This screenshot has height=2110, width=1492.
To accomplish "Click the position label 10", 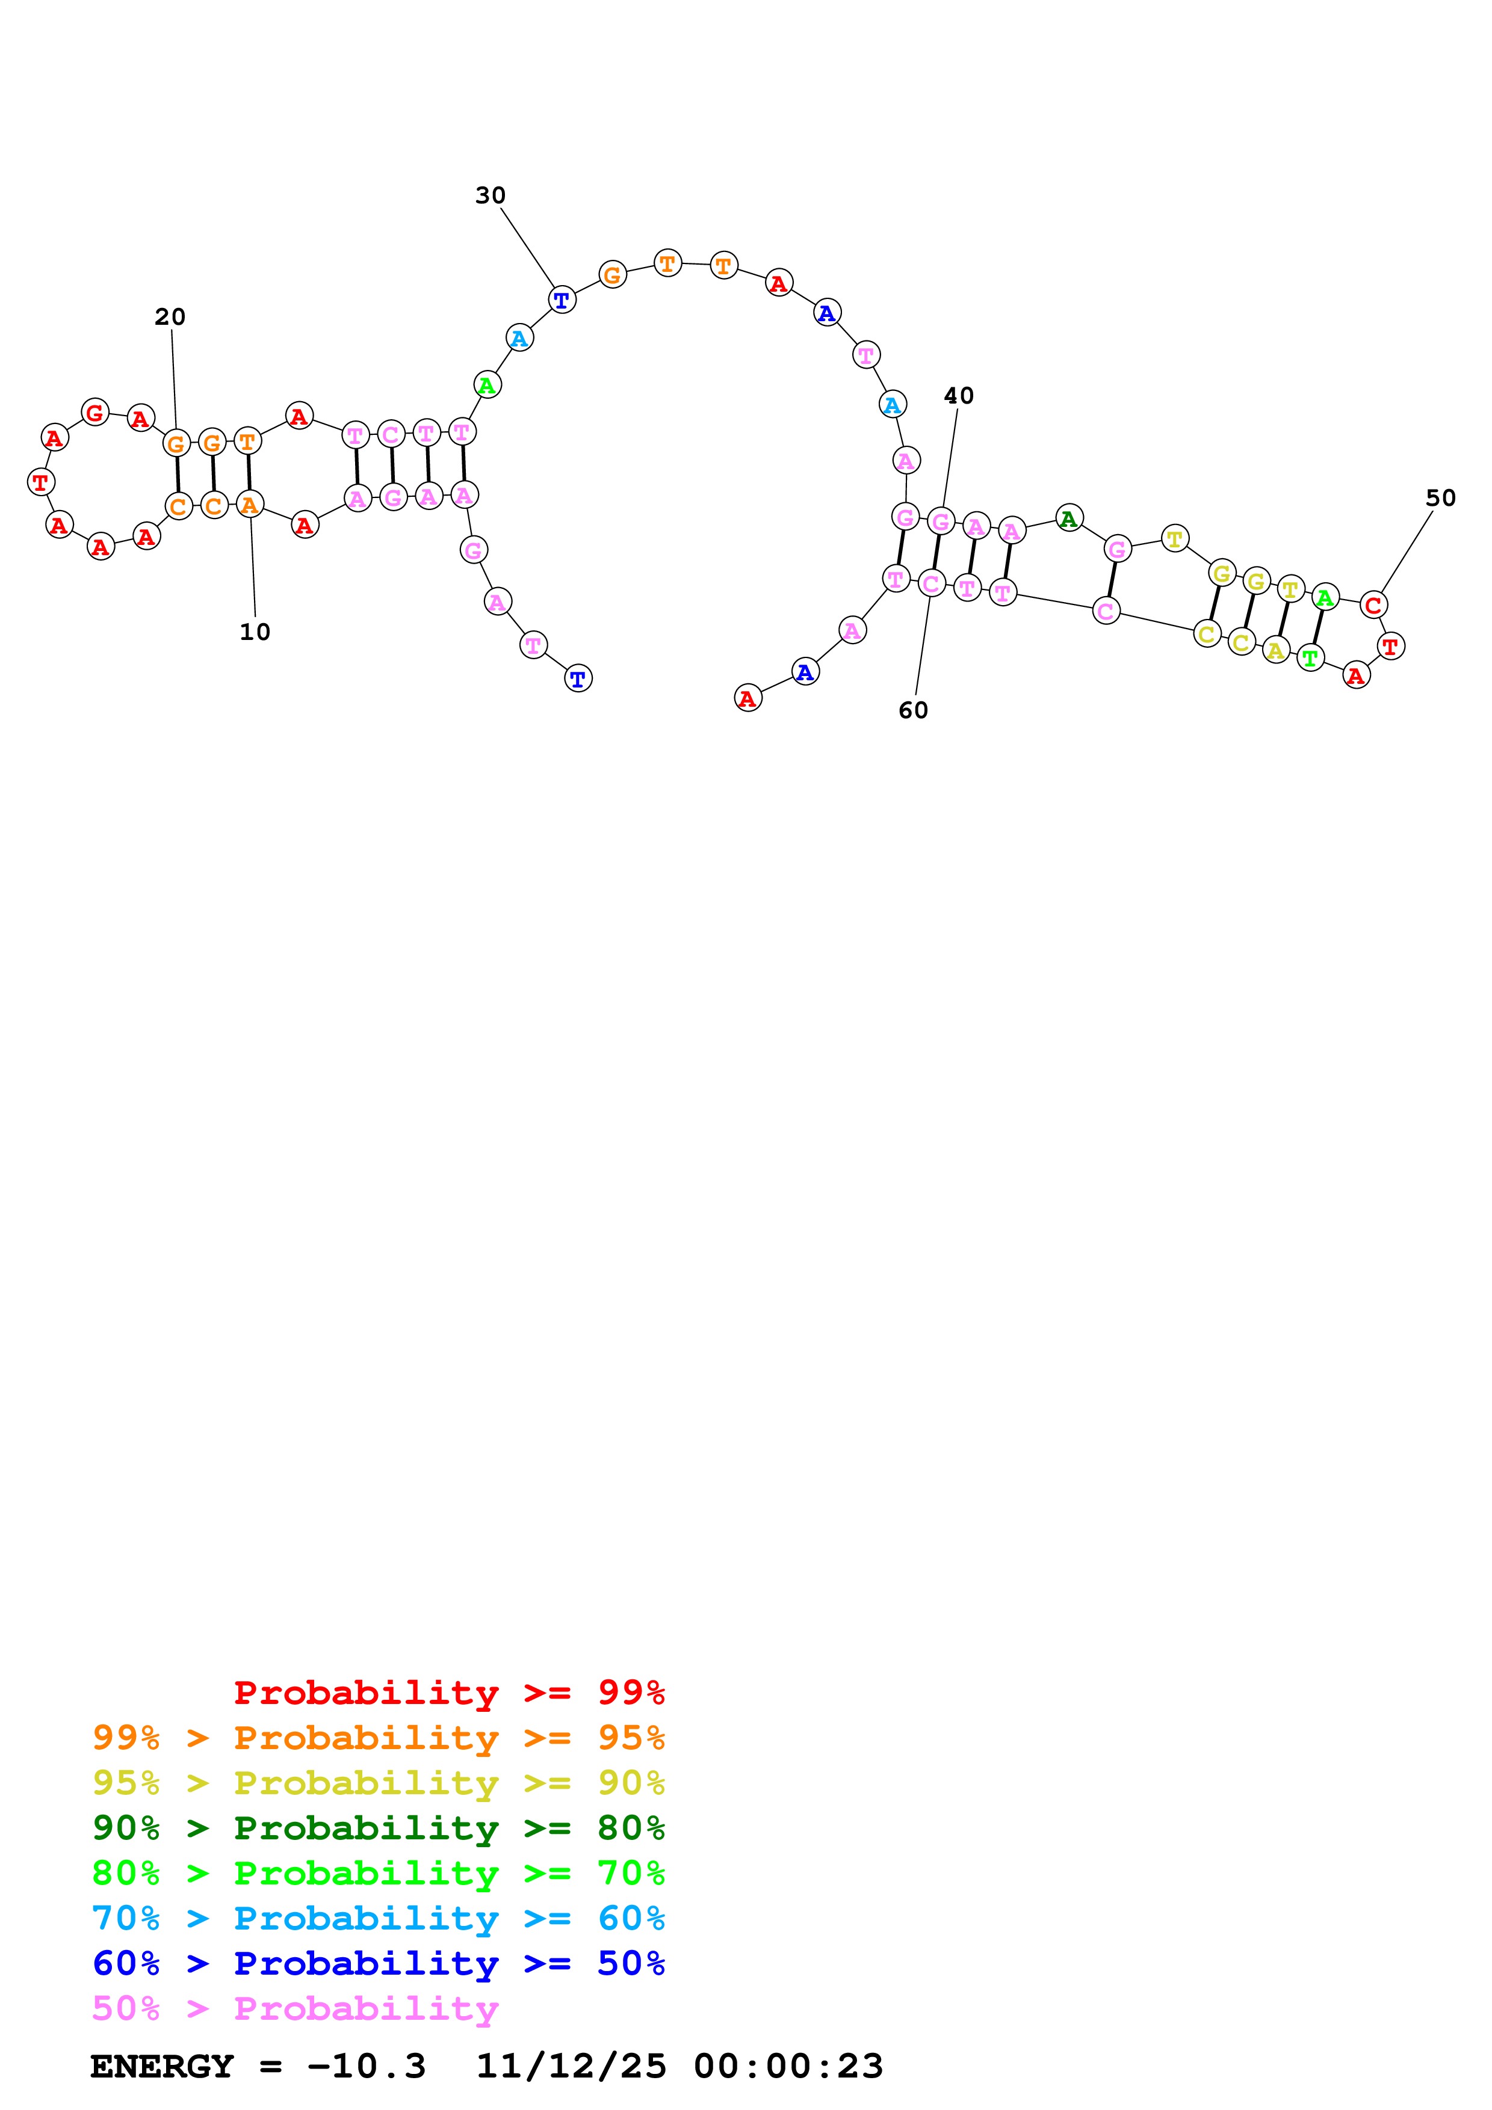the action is pyautogui.click(x=255, y=632).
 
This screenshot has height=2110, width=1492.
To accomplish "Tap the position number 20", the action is pyautogui.click(x=170, y=317).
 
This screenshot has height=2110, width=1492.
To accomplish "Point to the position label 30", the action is pyautogui.click(x=490, y=195).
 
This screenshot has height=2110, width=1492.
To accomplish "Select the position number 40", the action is pyautogui.click(x=959, y=396).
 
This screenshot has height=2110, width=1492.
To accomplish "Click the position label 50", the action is pyautogui.click(x=1440, y=498).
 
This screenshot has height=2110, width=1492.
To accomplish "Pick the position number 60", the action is pyautogui.click(x=913, y=710).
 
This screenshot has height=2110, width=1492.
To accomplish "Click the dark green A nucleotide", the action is pyautogui.click(x=1068, y=518).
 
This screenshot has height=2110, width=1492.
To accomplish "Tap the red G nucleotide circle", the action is pyautogui.click(x=94, y=413).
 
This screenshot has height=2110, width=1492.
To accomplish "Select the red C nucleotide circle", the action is pyautogui.click(x=1372, y=604).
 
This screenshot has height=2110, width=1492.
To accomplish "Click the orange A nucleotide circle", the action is pyautogui.click(x=249, y=505).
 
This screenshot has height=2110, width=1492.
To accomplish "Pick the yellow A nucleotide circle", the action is pyautogui.click(x=1275, y=651).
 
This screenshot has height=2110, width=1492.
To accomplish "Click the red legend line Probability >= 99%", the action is pyautogui.click(x=450, y=1693).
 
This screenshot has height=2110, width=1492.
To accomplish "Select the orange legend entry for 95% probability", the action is pyautogui.click(x=379, y=1738).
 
